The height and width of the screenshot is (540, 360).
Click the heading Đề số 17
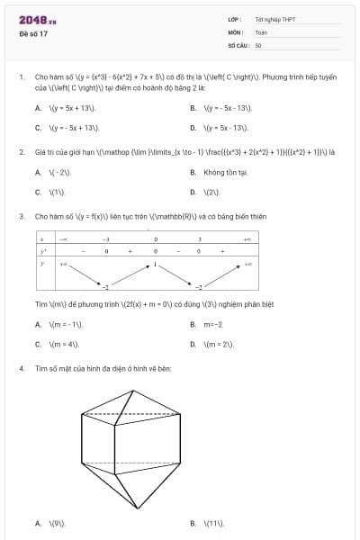pyautogui.click(x=33, y=33)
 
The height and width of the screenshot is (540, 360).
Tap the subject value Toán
pyautogui.click(x=261, y=31)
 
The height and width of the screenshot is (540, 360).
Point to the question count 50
pyautogui.click(x=258, y=45)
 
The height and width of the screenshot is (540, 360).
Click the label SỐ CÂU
pyautogui.click(x=238, y=45)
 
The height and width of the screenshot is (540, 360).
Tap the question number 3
pyautogui.click(x=21, y=217)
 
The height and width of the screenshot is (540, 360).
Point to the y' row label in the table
pyautogui.click(x=42, y=252)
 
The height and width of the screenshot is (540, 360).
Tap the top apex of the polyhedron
pyautogui.click(x=135, y=390)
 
